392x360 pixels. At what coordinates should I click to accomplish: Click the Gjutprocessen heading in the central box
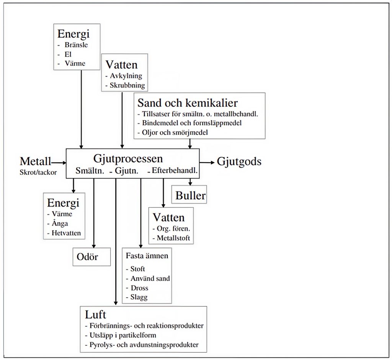(x=128, y=159)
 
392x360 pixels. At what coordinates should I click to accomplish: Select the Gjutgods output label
(x=239, y=161)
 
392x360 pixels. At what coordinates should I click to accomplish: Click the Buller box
(x=190, y=195)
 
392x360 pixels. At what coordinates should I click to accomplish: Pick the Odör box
(x=91, y=257)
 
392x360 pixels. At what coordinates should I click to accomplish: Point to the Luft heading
(x=95, y=314)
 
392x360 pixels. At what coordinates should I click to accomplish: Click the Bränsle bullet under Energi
(x=76, y=45)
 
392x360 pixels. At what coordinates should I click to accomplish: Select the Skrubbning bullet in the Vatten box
(x=127, y=85)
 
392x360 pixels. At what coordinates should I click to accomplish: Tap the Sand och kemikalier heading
(x=188, y=103)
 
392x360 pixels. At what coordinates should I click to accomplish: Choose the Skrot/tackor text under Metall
(x=38, y=172)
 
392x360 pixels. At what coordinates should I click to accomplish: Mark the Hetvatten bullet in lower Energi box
(x=66, y=233)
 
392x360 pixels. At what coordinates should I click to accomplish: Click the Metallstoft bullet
(x=173, y=238)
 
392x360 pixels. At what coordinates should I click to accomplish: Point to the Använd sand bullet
(x=150, y=279)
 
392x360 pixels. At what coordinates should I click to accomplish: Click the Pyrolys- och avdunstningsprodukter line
(x=144, y=345)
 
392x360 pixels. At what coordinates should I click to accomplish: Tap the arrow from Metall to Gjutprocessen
(x=59, y=163)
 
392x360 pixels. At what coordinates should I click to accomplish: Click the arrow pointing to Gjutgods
(x=207, y=163)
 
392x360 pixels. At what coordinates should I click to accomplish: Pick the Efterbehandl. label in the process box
(x=175, y=171)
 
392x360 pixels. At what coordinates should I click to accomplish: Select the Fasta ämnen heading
(x=147, y=256)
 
